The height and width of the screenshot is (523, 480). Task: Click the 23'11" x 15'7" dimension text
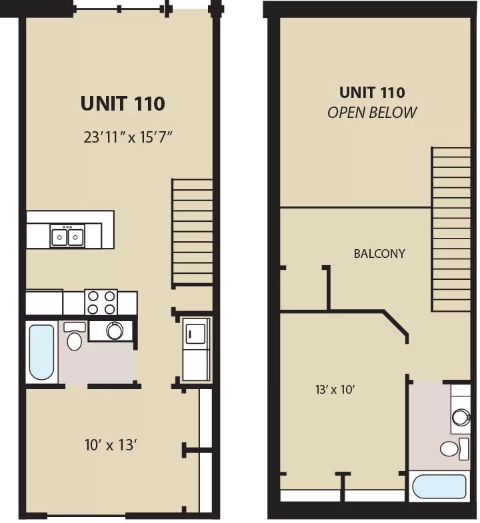point(127,137)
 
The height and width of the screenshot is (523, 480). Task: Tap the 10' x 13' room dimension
point(111,445)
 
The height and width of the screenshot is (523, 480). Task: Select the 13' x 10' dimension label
point(335,390)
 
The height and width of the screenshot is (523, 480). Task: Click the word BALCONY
point(379,254)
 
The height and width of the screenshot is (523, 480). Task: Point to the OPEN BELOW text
point(372,113)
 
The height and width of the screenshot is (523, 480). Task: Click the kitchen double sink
point(67,236)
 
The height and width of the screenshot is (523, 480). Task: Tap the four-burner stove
point(101,302)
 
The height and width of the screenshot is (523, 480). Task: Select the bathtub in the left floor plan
point(41,352)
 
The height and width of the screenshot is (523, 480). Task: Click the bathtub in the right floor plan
point(439,486)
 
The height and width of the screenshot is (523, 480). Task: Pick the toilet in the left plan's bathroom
point(75,336)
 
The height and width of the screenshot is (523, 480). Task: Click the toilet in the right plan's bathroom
point(454,448)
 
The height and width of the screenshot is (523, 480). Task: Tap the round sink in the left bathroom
point(115,330)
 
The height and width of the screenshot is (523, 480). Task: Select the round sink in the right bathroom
point(461,417)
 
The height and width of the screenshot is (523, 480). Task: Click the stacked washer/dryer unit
point(196,349)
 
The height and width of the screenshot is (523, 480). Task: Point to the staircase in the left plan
point(193,232)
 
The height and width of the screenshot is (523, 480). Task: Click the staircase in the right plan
point(451,229)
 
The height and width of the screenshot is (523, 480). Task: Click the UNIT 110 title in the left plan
point(123,103)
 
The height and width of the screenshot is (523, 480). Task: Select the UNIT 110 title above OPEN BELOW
point(372,93)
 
